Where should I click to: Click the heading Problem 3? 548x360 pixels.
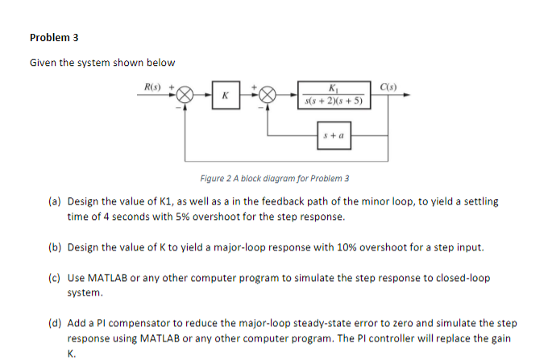54,37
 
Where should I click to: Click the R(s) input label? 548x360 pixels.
152,85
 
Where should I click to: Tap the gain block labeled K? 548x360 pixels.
226,95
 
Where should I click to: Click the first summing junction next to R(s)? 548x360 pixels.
185,95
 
